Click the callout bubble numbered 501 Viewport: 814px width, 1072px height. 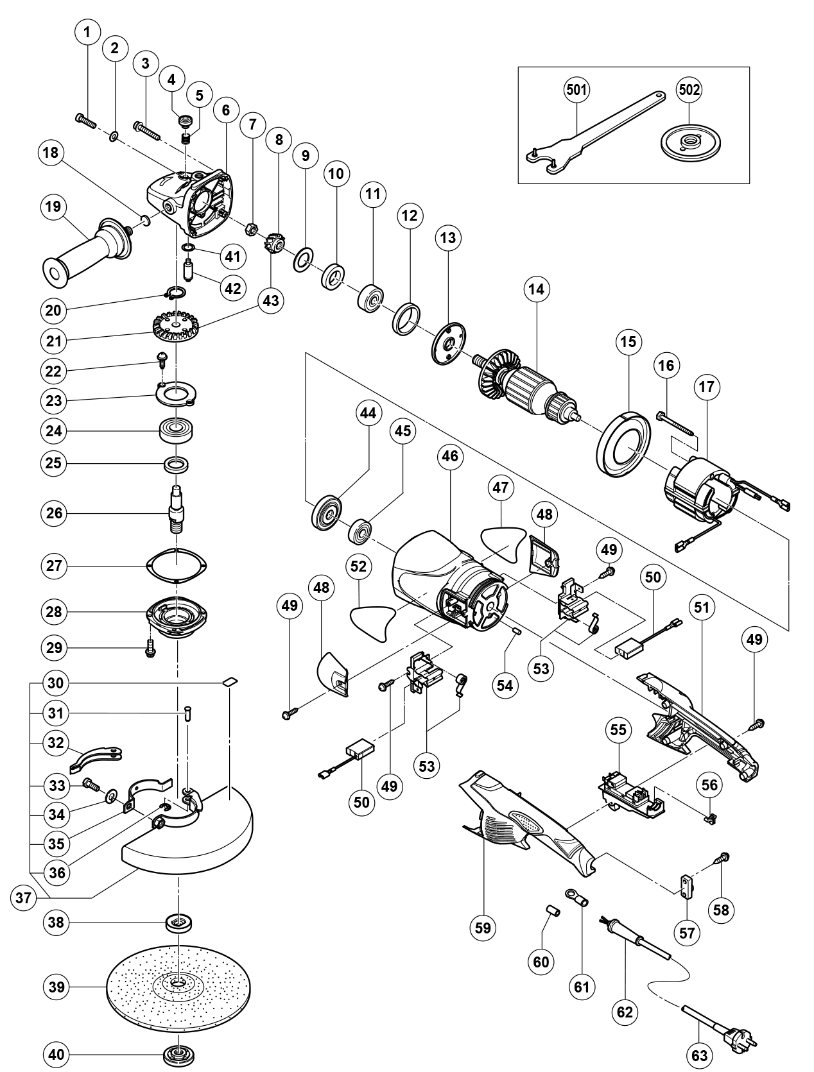[576, 90]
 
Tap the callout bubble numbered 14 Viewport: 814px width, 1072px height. [536, 289]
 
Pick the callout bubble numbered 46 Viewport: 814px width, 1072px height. [450, 456]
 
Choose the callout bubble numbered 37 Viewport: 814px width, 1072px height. [24, 898]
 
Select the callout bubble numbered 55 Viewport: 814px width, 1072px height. [618, 729]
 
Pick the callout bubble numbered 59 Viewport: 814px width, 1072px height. [483, 927]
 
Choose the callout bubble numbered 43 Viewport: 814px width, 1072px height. [272, 300]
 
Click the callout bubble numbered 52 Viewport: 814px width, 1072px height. [359, 566]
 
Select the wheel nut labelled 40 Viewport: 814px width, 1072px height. [179, 1055]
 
